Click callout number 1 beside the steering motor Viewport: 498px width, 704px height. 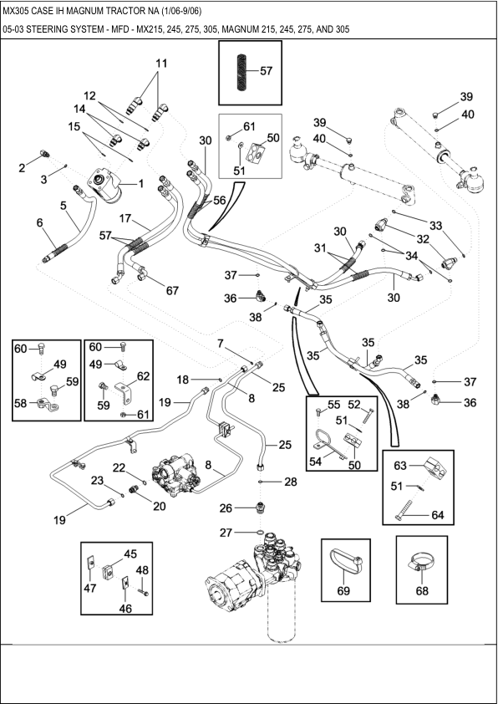point(140,183)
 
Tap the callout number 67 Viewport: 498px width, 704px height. point(172,291)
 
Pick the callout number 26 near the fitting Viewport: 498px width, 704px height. point(226,508)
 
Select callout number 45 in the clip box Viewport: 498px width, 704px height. point(130,554)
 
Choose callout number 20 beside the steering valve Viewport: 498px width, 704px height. point(135,505)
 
